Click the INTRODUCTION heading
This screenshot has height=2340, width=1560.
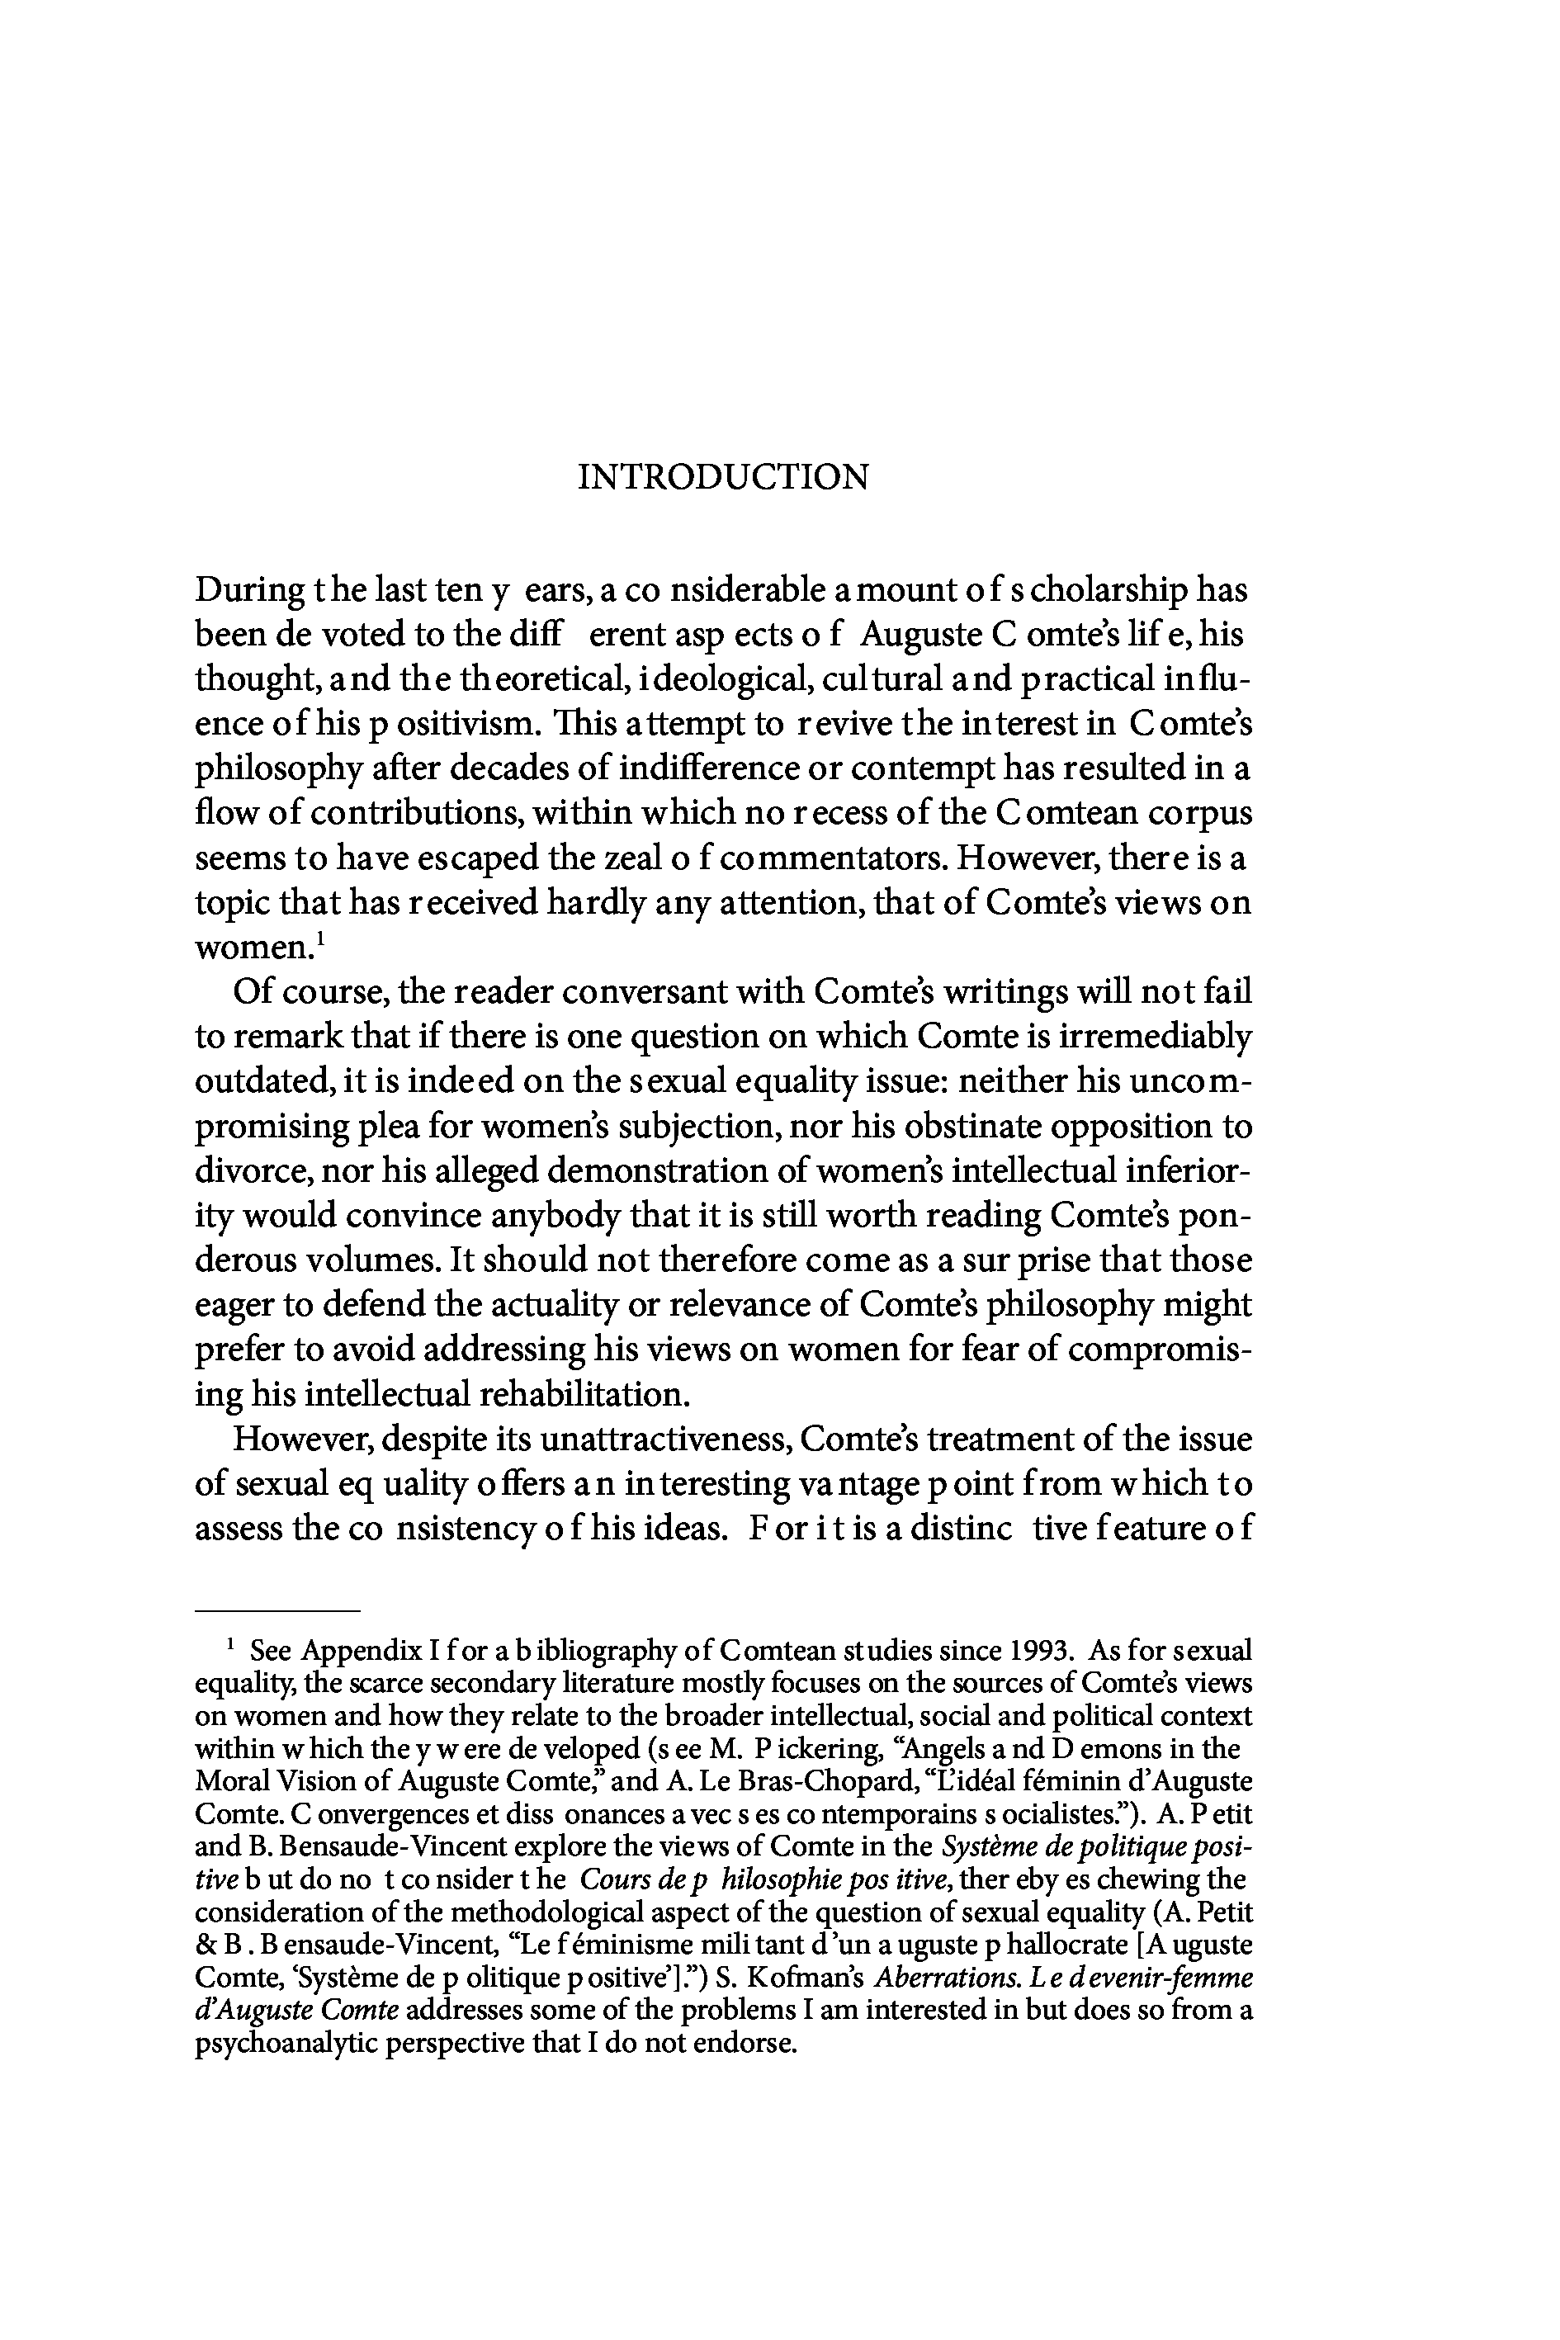(x=723, y=478)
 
